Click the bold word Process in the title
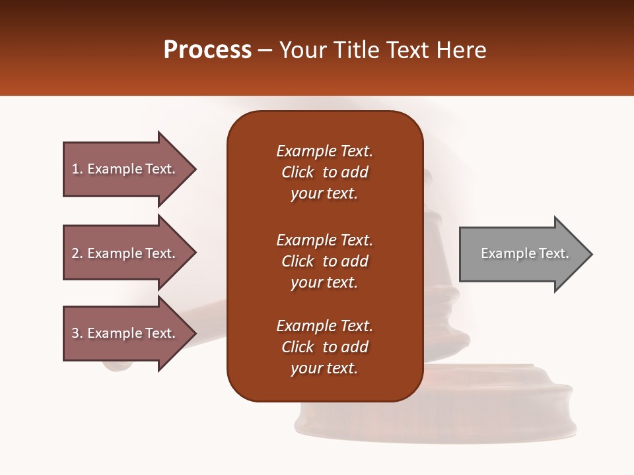pos(207,50)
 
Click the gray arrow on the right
pos(522,254)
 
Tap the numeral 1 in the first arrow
pos(75,169)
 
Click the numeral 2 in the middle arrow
pos(75,253)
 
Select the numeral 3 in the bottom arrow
pos(75,333)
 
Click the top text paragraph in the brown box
pos(324,172)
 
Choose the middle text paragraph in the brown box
pos(324,261)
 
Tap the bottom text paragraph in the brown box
pos(324,347)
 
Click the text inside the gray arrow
pos(524,253)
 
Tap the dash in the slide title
pos(265,51)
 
